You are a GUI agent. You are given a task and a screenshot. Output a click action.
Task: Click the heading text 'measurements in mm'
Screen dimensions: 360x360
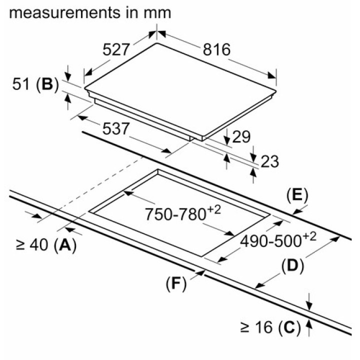pos(90,12)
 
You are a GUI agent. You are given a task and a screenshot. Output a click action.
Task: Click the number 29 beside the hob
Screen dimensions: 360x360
pos(241,137)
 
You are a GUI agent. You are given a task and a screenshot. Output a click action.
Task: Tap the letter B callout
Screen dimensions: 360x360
pos(46,84)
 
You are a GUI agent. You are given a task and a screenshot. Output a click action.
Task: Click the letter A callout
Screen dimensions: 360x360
pos(65,244)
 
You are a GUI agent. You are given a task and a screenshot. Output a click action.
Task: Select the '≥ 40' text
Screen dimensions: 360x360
pos(31,245)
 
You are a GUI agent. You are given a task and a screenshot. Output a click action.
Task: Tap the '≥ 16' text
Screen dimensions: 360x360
pos(256,327)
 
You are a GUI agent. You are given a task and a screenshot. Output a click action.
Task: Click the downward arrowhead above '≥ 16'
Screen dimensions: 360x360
pos(309,306)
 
